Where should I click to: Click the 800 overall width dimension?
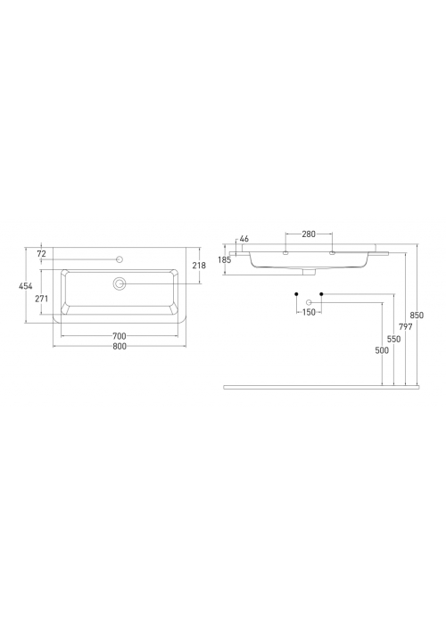tap(120, 346)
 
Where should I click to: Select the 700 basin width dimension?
tap(120, 336)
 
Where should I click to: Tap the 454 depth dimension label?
tap(26, 286)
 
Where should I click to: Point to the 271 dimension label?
tap(41, 299)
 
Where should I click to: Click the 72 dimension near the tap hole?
tap(41, 253)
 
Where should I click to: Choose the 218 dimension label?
tap(199, 265)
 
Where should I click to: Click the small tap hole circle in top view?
tap(119, 259)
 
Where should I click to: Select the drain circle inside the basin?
tap(120, 283)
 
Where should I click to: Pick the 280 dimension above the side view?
tap(309, 234)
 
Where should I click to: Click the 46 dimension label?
tap(244, 239)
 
